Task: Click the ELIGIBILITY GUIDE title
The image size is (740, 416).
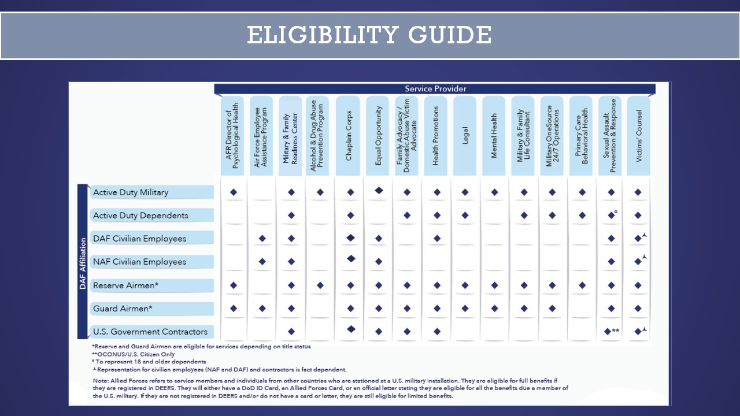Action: coord(369,35)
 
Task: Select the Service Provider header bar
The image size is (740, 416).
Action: coord(435,89)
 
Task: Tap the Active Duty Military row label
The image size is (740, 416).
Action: coord(131,192)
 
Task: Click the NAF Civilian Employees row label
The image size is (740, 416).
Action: coord(139,262)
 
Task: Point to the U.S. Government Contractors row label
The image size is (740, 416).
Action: coord(150,332)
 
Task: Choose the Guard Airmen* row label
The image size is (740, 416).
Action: coord(123,309)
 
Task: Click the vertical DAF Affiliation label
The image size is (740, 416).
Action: coord(83,262)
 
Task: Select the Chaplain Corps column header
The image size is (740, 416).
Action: coord(349,136)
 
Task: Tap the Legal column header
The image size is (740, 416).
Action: coord(465,136)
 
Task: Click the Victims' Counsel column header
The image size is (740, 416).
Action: coord(639,136)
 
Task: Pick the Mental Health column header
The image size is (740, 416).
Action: coord(494,136)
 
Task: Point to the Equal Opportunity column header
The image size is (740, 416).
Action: coord(378,136)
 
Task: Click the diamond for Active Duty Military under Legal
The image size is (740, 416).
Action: coord(465,192)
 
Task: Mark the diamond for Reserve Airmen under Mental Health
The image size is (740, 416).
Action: coord(494,285)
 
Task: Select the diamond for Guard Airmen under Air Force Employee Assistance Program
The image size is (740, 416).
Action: coord(262,309)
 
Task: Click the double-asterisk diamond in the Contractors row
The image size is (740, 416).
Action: coord(608,332)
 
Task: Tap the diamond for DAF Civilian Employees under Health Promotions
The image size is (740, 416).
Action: coord(437,239)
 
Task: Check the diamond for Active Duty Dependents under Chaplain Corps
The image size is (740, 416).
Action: coord(350,216)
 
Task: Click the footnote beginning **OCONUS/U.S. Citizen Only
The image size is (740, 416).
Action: coord(133,354)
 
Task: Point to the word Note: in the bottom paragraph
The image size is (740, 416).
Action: coord(101,381)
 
